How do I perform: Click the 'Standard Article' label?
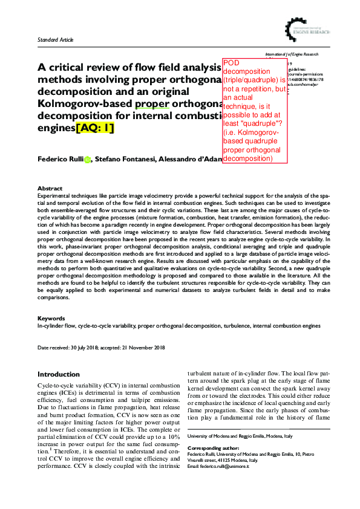pos(56,40)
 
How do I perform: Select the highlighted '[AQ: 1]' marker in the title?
pos(96,128)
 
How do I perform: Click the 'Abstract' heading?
pos(50,189)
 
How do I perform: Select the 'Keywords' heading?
pos(51,318)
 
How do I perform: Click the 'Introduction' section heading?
pos(59,375)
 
